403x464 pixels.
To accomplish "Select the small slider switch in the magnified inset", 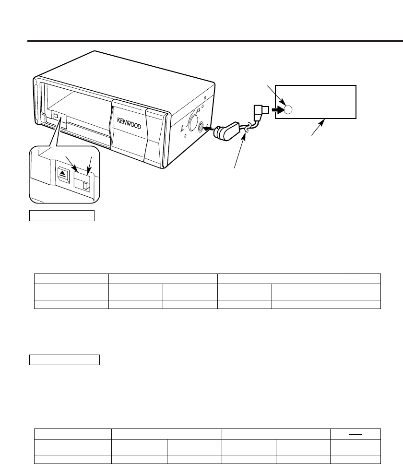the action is click(86, 186).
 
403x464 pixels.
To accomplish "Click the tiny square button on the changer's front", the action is click(57, 116).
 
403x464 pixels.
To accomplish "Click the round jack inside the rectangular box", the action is click(287, 110).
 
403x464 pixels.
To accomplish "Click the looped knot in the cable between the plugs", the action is click(247, 128).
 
